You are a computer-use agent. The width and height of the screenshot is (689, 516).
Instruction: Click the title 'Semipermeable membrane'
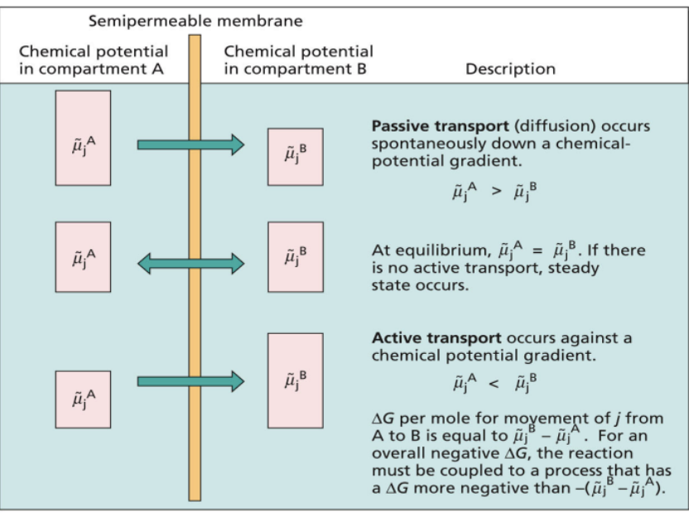click(x=195, y=20)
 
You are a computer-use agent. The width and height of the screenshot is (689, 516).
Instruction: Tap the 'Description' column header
click(x=510, y=69)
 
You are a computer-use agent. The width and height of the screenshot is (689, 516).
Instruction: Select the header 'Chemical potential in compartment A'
click(x=92, y=60)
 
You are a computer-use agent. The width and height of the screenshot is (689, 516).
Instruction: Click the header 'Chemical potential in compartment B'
click(x=298, y=60)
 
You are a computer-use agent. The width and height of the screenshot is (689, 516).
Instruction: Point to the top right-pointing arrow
click(x=190, y=146)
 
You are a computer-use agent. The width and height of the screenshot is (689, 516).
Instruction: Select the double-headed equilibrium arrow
click(x=190, y=264)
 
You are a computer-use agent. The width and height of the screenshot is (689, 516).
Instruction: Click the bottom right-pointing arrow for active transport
click(x=190, y=382)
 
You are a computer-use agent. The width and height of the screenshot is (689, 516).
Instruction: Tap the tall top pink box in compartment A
click(x=83, y=137)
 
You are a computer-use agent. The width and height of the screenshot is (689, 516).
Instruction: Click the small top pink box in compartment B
click(x=295, y=156)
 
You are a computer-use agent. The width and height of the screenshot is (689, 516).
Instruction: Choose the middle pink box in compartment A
click(x=83, y=256)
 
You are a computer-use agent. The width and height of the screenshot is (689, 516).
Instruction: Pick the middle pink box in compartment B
click(x=295, y=256)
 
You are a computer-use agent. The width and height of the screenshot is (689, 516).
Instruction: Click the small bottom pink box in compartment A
click(x=83, y=399)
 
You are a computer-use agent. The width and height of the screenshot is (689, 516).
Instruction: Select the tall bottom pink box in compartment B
click(x=295, y=380)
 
